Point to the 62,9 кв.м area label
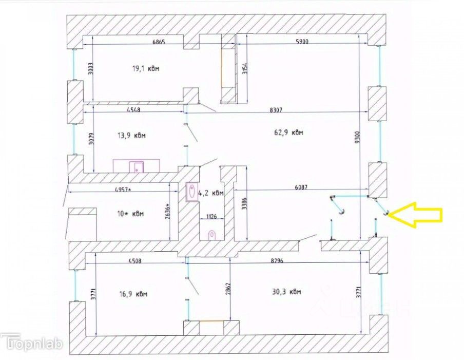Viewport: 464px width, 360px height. point(289,132)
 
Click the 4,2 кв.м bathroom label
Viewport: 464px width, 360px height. point(211,193)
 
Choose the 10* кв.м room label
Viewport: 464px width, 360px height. point(124,213)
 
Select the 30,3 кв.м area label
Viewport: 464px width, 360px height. point(287,292)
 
